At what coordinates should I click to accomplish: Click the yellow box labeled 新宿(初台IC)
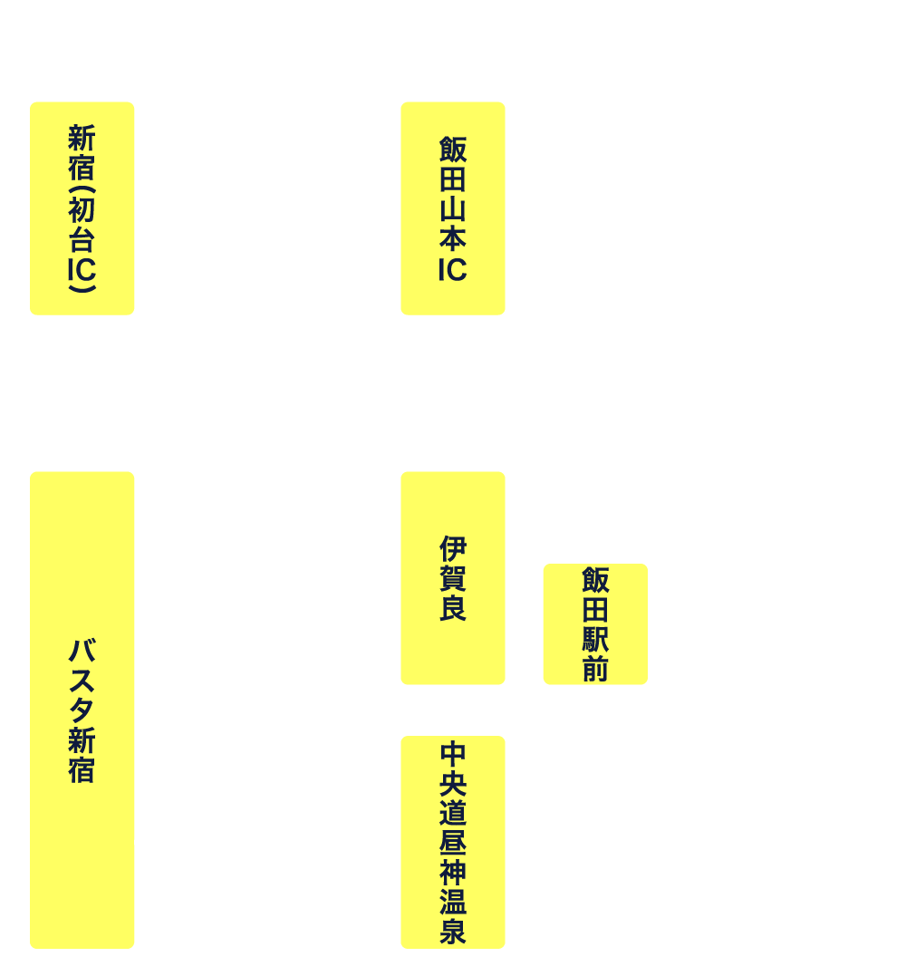click(x=82, y=208)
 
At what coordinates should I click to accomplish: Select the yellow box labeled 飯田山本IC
click(x=452, y=208)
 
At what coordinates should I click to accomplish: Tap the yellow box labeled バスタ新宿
click(x=82, y=710)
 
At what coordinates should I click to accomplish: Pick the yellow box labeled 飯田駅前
click(x=595, y=623)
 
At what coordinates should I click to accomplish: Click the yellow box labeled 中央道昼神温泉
click(x=452, y=842)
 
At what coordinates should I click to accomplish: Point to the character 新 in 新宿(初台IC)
click(x=82, y=139)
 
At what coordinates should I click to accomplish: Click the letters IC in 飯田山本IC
click(x=452, y=271)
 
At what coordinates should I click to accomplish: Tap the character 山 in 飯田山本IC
click(x=452, y=209)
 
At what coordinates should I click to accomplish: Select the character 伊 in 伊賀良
click(x=452, y=548)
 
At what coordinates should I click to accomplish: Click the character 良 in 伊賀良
click(x=452, y=608)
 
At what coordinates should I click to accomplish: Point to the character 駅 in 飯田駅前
click(x=595, y=640)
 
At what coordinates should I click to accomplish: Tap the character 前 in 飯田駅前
click(x=595, y=670)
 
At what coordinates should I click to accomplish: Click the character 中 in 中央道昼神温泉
click(x=452, y=752)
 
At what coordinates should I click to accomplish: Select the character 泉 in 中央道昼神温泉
click(x=452, y=932)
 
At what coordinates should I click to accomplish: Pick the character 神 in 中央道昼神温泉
click(x=452, y=872)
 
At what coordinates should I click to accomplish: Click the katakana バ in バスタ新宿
click(x=82, y=651)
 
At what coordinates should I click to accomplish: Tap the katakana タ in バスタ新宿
click(x=82, y=710)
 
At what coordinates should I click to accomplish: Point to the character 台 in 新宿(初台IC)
click(x=82, y=241)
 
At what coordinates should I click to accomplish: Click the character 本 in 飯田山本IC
click(x=452, y=240)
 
